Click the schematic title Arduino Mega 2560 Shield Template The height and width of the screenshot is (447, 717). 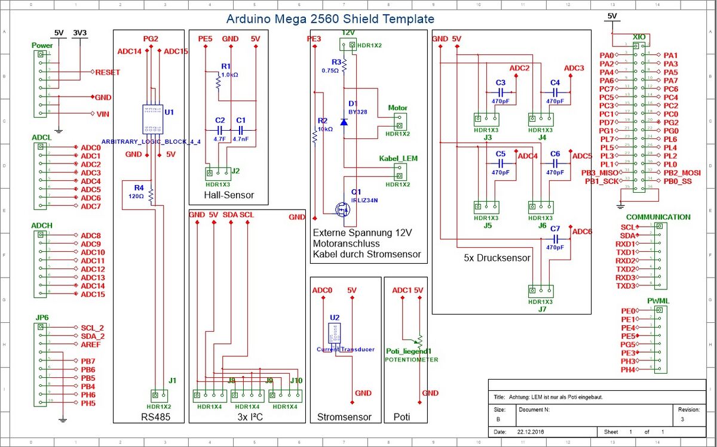[330, 19]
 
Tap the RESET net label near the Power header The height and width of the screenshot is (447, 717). [108, 72]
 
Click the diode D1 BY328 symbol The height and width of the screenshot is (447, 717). [344, 122]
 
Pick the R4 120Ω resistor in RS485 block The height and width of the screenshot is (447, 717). [151, 195]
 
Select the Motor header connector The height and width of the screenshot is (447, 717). [398, 122]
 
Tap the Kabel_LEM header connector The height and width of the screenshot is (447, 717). [398, 172]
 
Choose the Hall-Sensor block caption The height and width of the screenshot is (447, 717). [229, 195]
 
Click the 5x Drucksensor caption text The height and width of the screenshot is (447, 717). [497, 258]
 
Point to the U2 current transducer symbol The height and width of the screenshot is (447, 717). [334, 334]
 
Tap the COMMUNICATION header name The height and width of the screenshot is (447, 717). [658, 217]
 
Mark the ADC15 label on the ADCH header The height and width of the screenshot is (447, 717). [93, 294]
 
